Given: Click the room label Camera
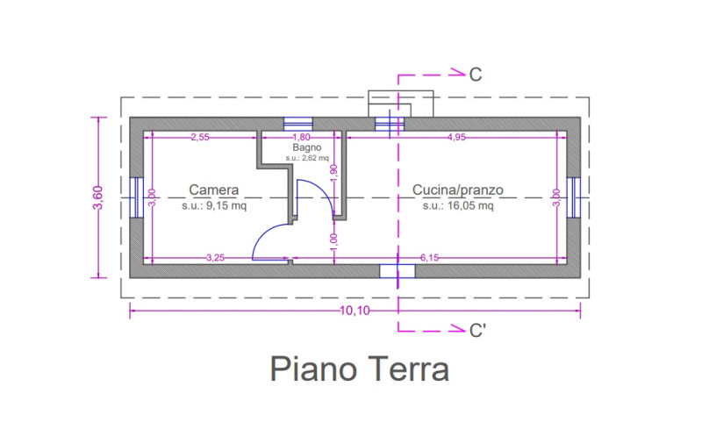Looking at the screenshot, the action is click(213, 190).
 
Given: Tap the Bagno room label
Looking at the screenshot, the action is click(307, 147).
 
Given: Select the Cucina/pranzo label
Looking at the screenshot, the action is click(457, 190).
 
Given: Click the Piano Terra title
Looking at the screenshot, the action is click(360, 368).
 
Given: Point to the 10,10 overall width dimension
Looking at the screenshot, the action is click(355, 311).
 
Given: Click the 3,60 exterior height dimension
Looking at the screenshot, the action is click(98, 197).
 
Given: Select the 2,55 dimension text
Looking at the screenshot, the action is click(200, 138).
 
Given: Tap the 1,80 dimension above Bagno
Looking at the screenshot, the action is click(301, 138).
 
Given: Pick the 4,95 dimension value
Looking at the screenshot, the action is click(456, 138).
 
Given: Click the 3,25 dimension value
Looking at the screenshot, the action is click(215, 258).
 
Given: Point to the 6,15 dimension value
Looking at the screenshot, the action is click(429, 258).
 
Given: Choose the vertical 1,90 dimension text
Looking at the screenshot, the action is click(333, 174).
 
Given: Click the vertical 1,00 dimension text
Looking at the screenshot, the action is click(333, 242).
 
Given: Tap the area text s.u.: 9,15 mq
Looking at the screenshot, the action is click(214, 206).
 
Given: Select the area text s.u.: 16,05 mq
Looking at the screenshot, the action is click(458, 206).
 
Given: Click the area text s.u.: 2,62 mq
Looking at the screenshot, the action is click(307, 158).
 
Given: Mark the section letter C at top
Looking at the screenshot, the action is click(476, 75).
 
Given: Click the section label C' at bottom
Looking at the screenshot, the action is click(477, 331).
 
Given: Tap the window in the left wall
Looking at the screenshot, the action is click(136, 197).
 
